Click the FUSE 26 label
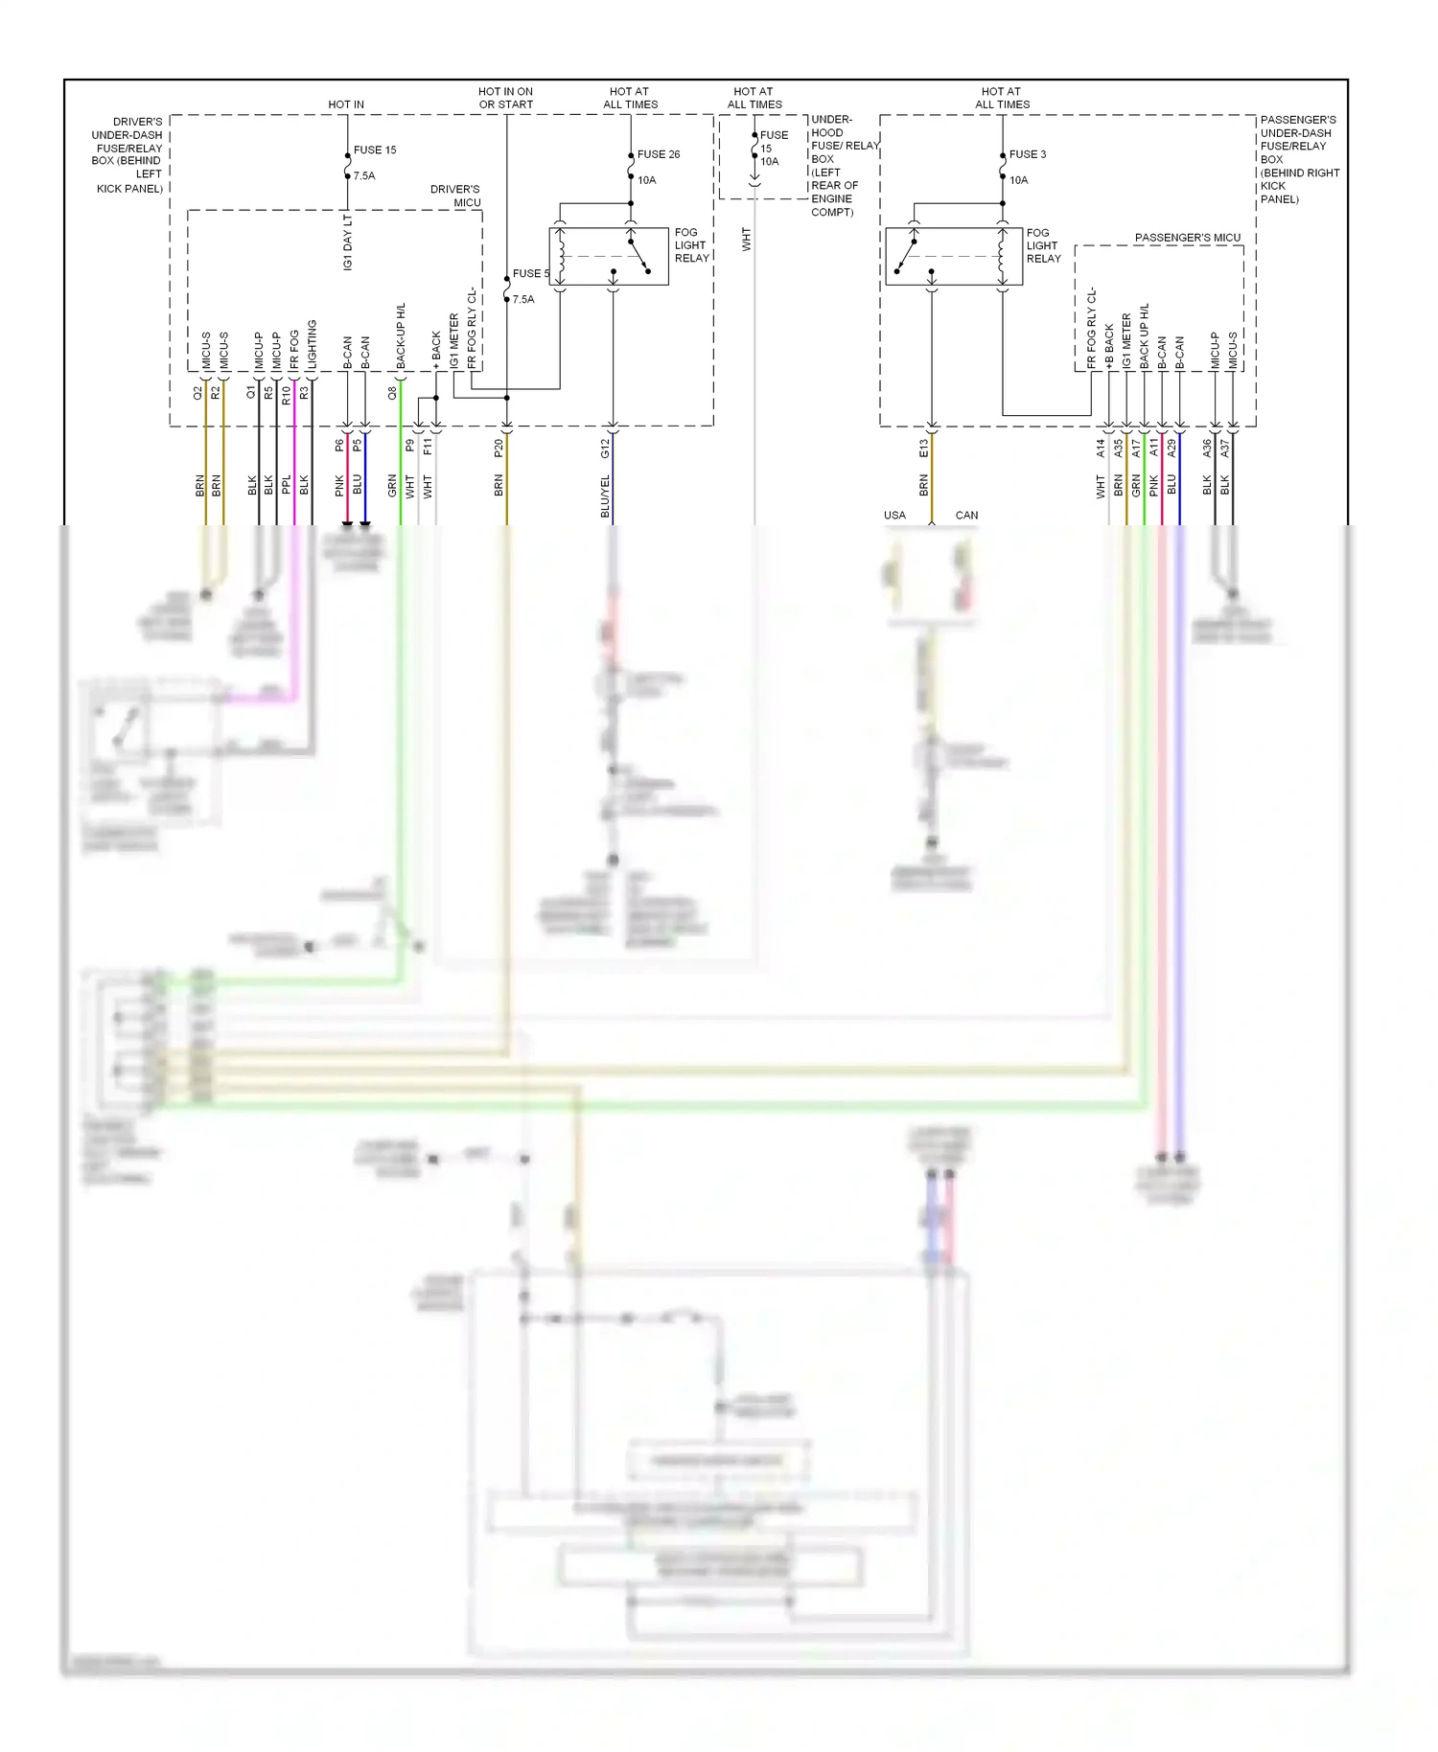click(x=659, y=154)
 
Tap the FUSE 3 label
click(x=1028, y=154)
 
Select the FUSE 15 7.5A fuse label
click(x=374, y=150)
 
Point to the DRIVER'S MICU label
click(x=455, y=196)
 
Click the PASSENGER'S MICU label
click(x=1187, y=238)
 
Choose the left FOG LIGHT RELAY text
click(x=691, y=245)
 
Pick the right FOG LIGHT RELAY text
click(x=1043, y=245)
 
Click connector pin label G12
click(x=605, y=448)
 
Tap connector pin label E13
click(x=924, y=448)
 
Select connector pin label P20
click(x=499, y=448)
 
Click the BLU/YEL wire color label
click(x=605, y=496)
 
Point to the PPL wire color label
click(x=286, y=485)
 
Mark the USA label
click(x=894, y=516)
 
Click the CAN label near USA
click(x=966, y=516)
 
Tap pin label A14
click(x=1101, y=448)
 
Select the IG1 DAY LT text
click(x=348, y=242)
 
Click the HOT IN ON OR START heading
click(x=506, y=98)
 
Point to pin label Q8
click(x=392, y=393)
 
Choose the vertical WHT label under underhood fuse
click(x=746, y=240)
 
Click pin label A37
click(x=1224, y=448)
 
